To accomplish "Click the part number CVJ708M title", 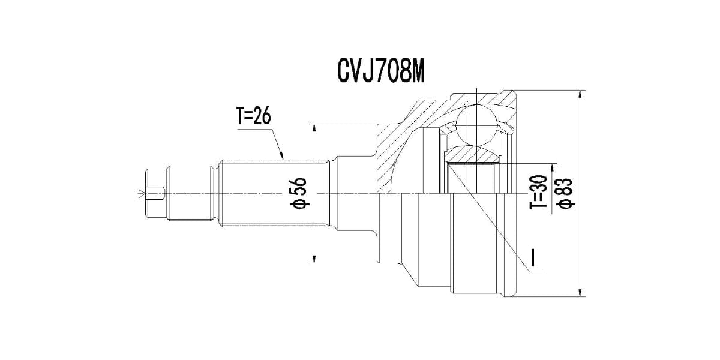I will pos(380,71).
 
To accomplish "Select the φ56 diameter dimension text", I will pos(299,193).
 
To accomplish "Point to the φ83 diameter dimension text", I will pos(566,193).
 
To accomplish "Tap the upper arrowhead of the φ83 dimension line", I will pos(580,95).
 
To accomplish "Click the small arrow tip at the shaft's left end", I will pos(142,193).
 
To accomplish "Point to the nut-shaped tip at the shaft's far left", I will pos(155,193).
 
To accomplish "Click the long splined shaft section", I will pos(273,193).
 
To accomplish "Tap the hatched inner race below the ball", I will pos(474,155).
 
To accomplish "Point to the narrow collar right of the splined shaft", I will pos(331,193).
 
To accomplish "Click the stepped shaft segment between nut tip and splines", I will pos(191,193).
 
